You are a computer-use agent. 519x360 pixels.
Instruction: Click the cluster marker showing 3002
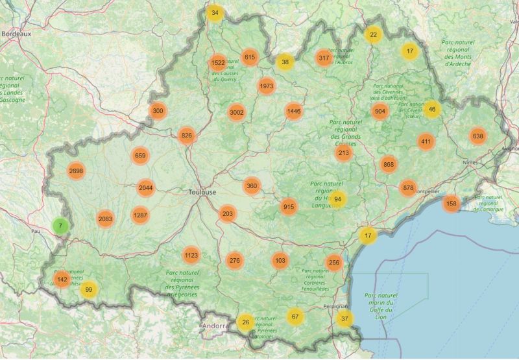[236, 112]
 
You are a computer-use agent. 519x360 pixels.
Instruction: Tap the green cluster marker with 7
[60, 226]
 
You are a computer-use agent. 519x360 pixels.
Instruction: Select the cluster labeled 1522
[218, 63]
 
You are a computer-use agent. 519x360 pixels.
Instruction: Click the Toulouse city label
[202, 193]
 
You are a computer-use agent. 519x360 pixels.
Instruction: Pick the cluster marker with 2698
[76, 171]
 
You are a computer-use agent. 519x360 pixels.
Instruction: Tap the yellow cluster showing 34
[215, 13]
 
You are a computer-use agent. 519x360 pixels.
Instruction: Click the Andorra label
[213, 326]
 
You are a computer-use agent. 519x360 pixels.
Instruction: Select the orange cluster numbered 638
[478, 136]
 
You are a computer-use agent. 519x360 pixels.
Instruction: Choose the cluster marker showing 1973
[266, 86]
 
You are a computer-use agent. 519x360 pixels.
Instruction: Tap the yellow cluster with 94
[337, 199]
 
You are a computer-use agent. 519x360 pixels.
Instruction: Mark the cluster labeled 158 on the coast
[452, 204]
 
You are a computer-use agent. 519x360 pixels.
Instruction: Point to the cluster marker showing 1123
[191, 256]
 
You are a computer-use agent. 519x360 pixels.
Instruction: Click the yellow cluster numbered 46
[432, 109]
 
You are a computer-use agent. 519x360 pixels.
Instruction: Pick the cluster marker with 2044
[145, 188]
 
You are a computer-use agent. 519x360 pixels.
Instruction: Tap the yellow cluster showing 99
[89, 290]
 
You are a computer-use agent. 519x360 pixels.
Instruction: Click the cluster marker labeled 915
[289, 207]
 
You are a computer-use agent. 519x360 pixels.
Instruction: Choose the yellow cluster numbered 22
[373, 34]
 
